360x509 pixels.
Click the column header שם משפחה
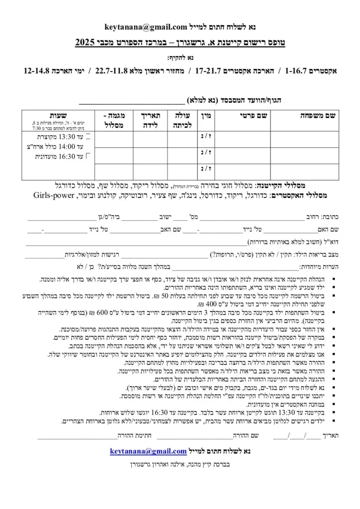pyautogui.click(x=317, y=115)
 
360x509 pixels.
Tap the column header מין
pyautogui.click(x=207, y=115)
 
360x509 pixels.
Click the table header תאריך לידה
pyautogui.click(x=147, y=119)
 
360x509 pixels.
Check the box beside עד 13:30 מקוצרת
pyautogui.click(x=89, y=136)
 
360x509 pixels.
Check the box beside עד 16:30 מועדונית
pyautogui.click(x=89, y=156)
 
